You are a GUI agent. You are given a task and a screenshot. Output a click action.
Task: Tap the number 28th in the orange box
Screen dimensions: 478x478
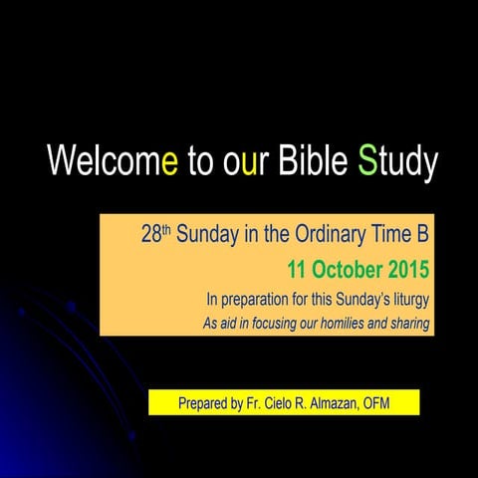[156, 237]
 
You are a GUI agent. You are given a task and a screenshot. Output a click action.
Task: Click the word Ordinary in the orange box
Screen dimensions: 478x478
[338, 237]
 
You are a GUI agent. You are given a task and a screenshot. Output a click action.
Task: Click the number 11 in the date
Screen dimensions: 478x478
[297, 269]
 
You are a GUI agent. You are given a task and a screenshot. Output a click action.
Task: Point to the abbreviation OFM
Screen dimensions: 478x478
[396, 403]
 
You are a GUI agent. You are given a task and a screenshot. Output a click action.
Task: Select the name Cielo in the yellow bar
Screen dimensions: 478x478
[285, 403]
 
